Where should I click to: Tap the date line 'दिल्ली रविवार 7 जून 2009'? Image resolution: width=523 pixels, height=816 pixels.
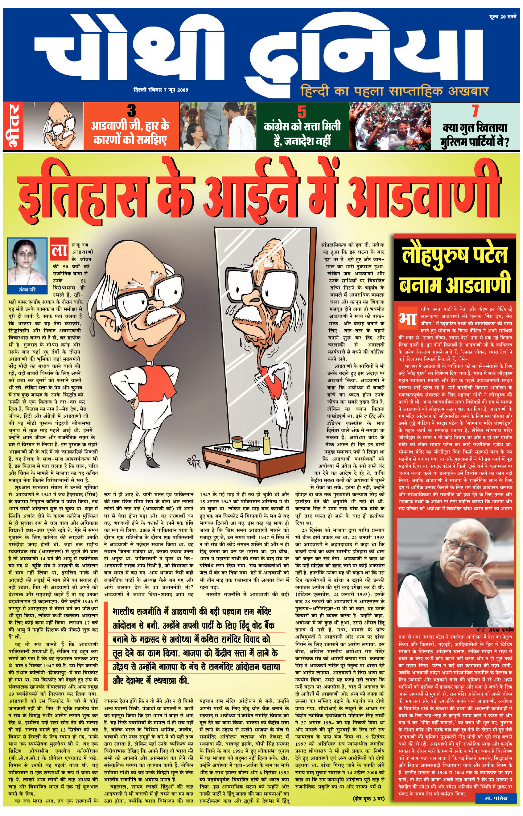point(161,90)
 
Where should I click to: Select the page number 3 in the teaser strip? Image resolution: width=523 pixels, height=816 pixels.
point(131,111)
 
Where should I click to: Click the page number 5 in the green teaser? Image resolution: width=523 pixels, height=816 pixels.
point(302,111)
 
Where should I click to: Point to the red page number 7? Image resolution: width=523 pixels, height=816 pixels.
point(475,111)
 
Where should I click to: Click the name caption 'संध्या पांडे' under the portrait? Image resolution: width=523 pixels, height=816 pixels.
point(27,290)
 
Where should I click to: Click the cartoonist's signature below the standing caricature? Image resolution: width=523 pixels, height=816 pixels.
point(194,463)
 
